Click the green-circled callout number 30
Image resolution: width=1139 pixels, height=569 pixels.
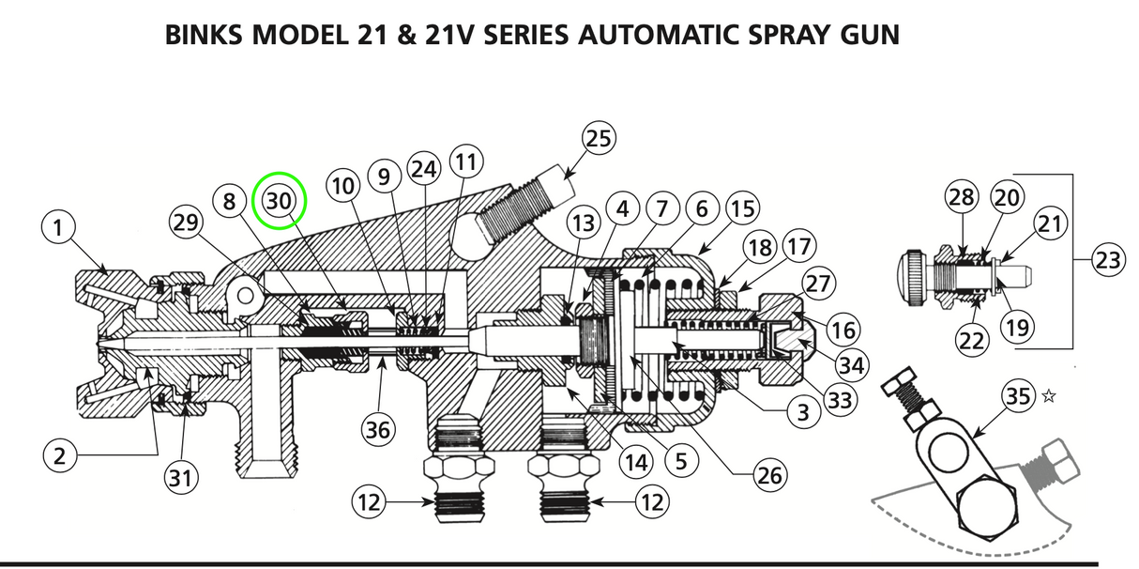[280, 200]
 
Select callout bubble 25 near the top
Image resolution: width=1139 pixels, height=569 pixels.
[598, 139]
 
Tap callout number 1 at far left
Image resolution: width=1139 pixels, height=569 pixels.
[58, 228]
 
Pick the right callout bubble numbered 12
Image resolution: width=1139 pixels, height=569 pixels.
[649, 502]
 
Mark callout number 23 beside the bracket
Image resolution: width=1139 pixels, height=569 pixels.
[1107, 260]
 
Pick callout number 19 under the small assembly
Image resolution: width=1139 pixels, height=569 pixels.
[1018, 328]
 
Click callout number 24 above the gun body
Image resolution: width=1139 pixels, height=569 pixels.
[424, 170]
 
